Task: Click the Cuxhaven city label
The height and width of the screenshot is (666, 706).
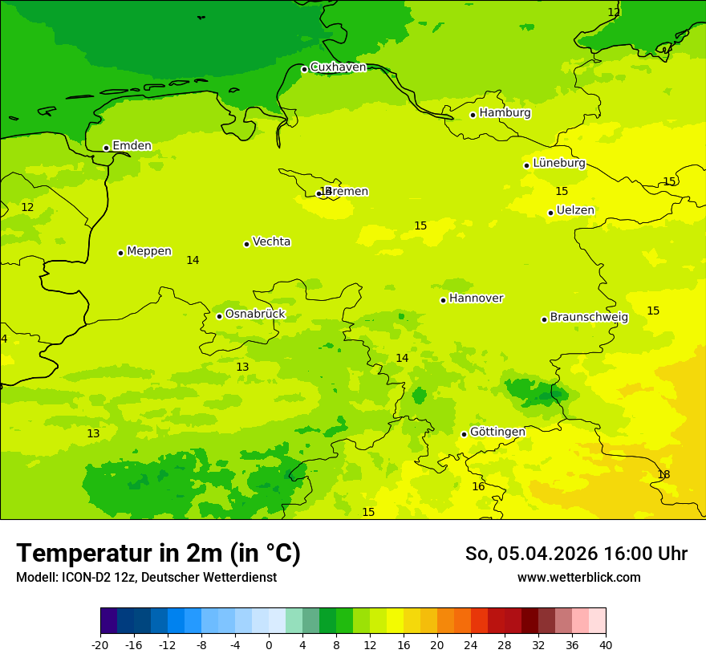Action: point(338,67)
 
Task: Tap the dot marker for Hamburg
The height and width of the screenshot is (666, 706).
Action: point(473,115)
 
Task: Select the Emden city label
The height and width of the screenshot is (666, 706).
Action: point(132,146)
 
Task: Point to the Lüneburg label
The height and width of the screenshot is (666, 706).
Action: point(559,163)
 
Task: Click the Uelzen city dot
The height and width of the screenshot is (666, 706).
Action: point(550,213)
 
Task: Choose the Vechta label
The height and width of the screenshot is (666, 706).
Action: point(271,242)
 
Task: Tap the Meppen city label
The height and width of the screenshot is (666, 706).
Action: point(149,251)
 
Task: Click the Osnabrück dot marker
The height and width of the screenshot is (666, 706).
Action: point(219,316)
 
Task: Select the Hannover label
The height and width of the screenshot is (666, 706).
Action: point(476,298)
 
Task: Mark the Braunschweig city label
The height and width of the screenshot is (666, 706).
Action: point(589,318)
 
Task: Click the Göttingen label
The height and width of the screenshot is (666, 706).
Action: point(497,432)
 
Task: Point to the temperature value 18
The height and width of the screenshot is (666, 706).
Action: point(663,475)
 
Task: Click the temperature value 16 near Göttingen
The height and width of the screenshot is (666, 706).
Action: point(478,487)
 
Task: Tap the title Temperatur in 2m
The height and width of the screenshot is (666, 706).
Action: point(158,554)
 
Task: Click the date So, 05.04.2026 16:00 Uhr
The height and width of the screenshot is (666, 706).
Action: point(576,554)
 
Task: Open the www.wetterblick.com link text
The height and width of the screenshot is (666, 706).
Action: point(578,578)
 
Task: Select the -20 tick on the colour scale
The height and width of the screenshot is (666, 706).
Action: point(100,644)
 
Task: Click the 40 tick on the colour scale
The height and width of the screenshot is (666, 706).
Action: point(606,644)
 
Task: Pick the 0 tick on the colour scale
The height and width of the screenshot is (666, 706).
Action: point(269,644)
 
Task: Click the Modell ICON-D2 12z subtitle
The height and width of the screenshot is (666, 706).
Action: point(146,578)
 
